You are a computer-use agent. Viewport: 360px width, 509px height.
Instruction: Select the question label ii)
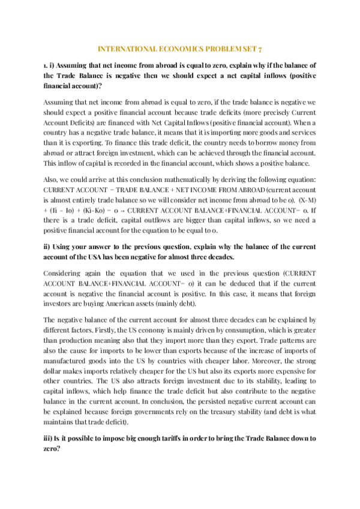[47, 247]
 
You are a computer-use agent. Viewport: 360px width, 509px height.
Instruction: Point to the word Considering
[65, 274]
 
